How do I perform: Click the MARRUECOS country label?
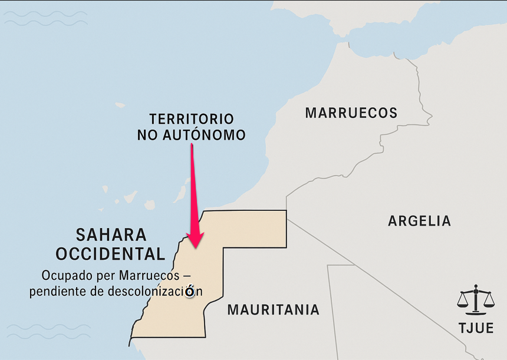[x=351, y=113]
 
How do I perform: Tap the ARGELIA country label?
[x=419, y=221]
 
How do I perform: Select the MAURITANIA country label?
[x=273, y=309]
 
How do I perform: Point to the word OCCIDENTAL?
[x=110, y=254]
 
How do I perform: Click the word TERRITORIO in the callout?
[x=191, y=118]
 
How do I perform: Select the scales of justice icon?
[x=476, y=300]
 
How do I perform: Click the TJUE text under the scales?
[x=476, y=328]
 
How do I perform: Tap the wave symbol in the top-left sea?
[x=45, y=19]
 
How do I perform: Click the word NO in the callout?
[x=148, y=135]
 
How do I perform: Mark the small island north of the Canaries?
[x=121, y=105]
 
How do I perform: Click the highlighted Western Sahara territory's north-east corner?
[x=286, y=211]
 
